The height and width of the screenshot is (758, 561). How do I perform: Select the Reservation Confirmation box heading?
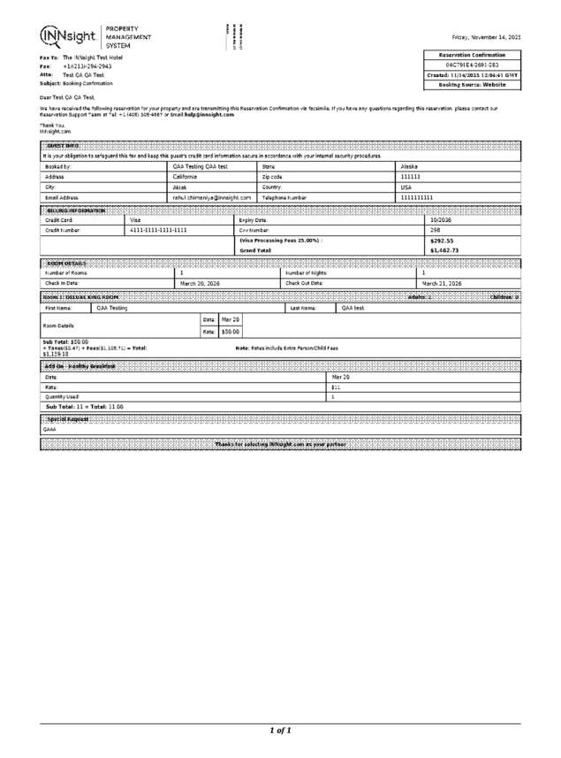(478, 55)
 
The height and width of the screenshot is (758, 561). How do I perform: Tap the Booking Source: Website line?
(478, 85)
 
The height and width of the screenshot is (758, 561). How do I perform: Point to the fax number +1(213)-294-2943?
(87, 66)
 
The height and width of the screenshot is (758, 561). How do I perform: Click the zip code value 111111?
(411, 176)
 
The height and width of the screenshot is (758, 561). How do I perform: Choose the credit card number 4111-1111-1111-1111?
(158, 229)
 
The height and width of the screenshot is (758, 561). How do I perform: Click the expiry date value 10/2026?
(441, 218)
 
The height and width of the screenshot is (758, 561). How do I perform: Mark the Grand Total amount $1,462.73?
(443, 250)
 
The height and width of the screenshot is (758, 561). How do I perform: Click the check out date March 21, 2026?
(443, 282)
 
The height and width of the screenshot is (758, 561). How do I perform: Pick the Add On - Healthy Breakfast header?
(78, 365)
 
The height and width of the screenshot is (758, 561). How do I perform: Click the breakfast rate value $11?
(336, 387)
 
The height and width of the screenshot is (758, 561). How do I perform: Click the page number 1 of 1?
(280, 731)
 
